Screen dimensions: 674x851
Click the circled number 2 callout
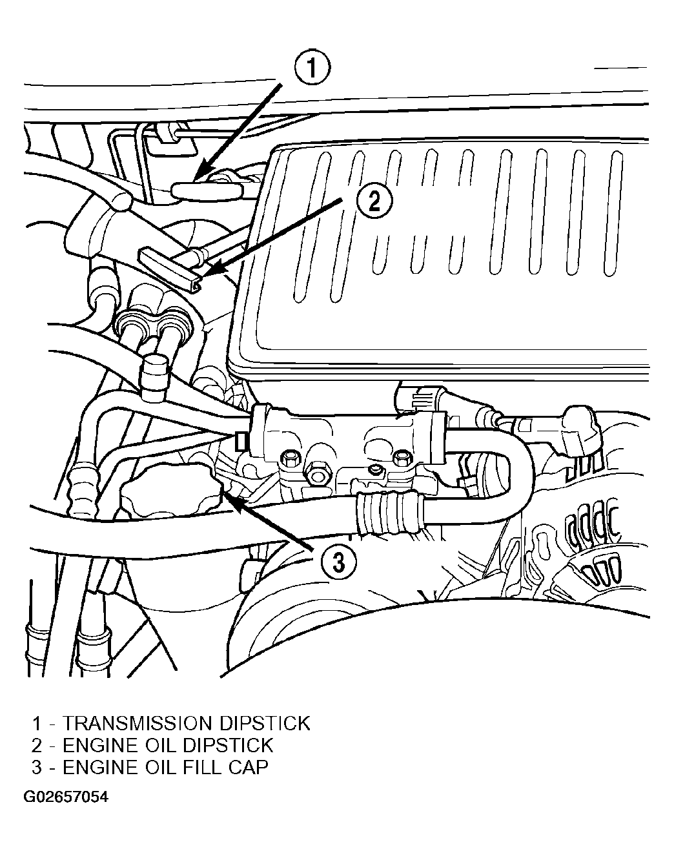click(374, 201)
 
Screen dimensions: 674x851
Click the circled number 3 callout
click(338, 562)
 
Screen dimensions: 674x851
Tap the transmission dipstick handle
click(207, 190)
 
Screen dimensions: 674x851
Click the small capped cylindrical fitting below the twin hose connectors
click(156, 377)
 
